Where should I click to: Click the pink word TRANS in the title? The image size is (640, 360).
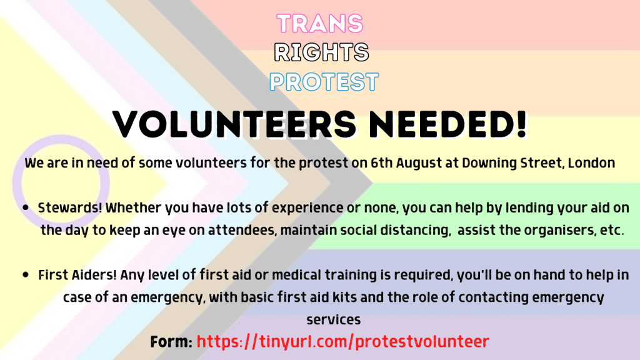click(319, 23)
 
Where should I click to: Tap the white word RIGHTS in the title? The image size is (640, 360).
click(321, 52)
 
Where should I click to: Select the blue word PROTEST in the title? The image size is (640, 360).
click(324, 82)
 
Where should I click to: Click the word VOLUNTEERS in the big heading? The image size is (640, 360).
click(234, 124)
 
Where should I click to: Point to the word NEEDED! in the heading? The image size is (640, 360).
click(447, 124)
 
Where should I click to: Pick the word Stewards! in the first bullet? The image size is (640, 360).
click(70, 207)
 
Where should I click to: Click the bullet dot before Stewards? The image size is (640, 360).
click(26, 207)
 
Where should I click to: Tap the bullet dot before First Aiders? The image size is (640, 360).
click(26, 275)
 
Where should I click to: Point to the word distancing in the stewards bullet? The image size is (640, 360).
click(416, 231)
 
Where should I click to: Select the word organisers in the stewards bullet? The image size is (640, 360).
click(560, 231)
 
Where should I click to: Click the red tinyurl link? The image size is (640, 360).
click(343, 342)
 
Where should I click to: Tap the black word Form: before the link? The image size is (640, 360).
click(171, 342)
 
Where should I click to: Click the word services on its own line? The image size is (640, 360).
click(334, 320)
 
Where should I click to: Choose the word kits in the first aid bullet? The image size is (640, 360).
click(344, 297)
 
